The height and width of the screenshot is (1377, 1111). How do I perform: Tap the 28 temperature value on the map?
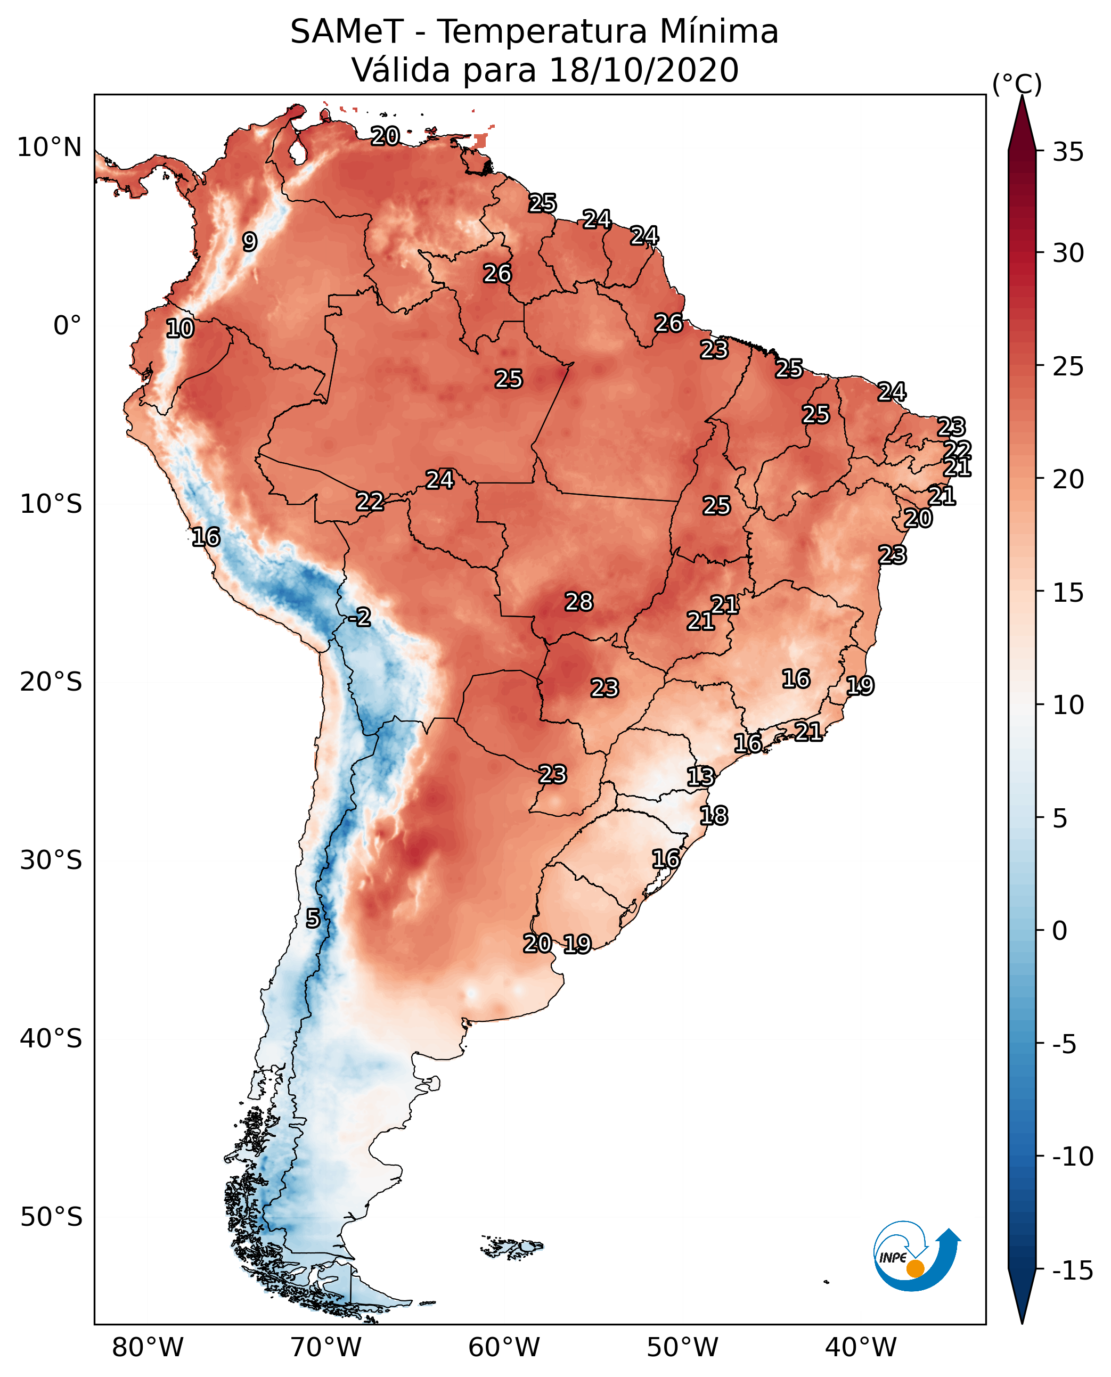[578, 602]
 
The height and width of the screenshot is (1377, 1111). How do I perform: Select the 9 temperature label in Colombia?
[250, 242]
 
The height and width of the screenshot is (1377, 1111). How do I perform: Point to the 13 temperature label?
[700, 777]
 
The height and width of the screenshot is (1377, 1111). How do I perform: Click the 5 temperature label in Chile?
[312, 919]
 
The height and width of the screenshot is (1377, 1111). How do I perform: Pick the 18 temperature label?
[714, 816]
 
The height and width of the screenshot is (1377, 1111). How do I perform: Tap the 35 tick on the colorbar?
[1068, 152]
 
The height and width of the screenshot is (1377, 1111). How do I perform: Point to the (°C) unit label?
[1017, 84]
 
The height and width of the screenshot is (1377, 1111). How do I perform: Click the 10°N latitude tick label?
[50, 148]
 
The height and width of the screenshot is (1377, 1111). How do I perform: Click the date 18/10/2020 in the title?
[643, 70]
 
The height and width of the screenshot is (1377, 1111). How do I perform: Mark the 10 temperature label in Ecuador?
[180, 329]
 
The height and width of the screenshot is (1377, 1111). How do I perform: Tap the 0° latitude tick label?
[67, 326]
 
